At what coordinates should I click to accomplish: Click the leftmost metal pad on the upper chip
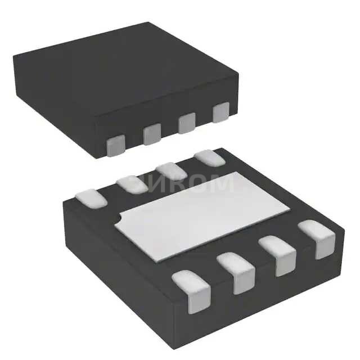[116, 145]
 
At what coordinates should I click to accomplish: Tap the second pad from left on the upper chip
[152, 133]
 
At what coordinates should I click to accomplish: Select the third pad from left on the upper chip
[187, 123]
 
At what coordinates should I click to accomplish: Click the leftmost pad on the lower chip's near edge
[192, 290]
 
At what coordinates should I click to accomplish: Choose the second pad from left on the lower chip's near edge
[237, 272]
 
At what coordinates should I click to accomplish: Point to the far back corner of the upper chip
[148, 24]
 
